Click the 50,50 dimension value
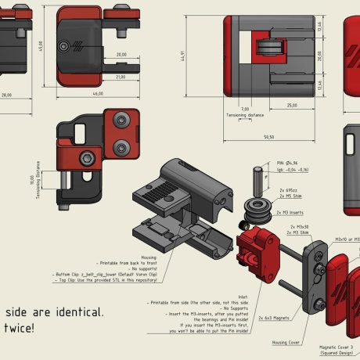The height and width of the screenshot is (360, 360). pyautogui.click(x=269, y=137)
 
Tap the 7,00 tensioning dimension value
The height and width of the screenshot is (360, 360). pyautogui.click(x=244, y=109)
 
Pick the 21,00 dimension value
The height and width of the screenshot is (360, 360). pyautogui.click(x=121, y=77)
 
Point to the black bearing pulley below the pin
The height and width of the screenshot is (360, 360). pyautogui.click(x=257, y=211)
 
